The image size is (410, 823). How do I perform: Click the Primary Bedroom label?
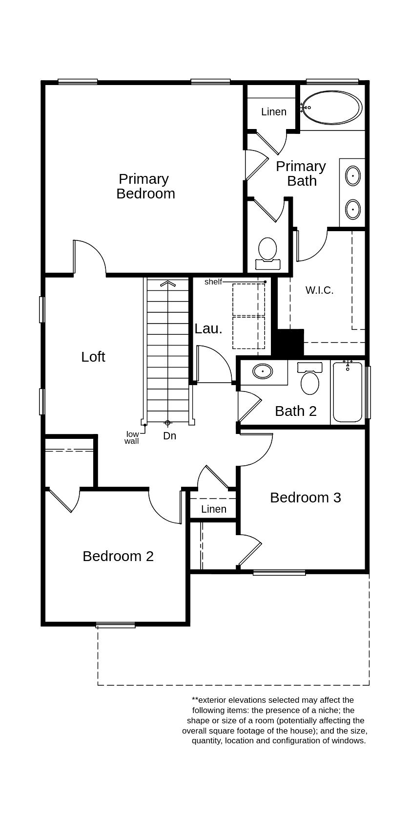pyautogui.click(x=145, y=186)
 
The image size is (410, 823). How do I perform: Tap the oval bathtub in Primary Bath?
pyautogui.click(x=332, y=107)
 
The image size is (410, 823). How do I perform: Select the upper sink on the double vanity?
pyautogui.click(x=352, y=176)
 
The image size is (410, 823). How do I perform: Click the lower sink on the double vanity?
pyautogui.click(x=352, y=209)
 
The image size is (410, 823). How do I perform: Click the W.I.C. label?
pyautogui.click(x=319, y=290)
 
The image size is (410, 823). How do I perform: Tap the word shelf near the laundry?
pyautogui.click(x=213, y=282)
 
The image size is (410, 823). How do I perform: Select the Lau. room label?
pyautogui.click(x=208, y=329)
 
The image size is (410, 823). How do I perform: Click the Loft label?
pyautogui.click(x=93, y=357)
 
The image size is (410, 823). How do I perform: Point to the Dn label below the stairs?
pyautogui.click(x=169, y=436)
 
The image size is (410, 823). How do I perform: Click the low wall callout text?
pyautogui.click(x=132, y=437)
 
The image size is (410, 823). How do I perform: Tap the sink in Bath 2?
pyautogui.click(x=263, y=371)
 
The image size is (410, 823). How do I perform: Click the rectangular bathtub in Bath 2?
pyautogui.click(x=348, y=392)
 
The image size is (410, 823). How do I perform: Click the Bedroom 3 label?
pyautogui.click(x=305, y=498)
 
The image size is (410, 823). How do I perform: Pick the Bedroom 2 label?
pyautogui.click(x=118, y=556)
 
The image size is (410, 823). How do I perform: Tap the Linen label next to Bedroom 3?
pyautogui.click(x=214, y=509)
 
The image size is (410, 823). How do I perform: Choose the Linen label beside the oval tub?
pyautogui.click(x=273, y=112)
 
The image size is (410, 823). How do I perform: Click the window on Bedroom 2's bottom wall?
pyautogui.click(x=115, y=625)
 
